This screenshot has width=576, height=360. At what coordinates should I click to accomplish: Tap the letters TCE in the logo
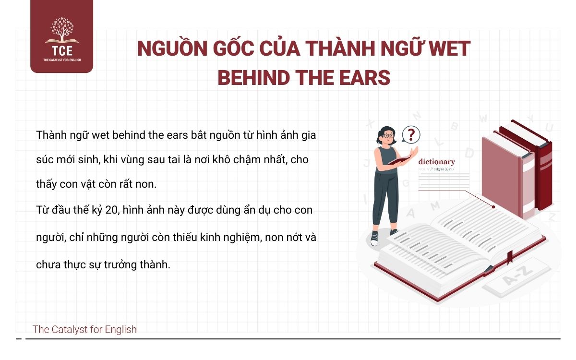pyautogui.click(x=61, y=50)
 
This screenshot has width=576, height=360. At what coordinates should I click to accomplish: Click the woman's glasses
pyautogui.click(x=388, y=136)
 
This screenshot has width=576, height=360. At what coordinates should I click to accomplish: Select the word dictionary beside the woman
pyautogui.click(x=436, y=162)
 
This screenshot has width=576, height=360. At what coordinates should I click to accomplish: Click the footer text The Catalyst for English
pyautogui.click(x=84, y=329)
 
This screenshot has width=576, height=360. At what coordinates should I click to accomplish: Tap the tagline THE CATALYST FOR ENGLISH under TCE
pyautogui.click(x=61, y=60)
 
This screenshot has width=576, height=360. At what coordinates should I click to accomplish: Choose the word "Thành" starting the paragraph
pyautogui.click(x=50, y=135)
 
